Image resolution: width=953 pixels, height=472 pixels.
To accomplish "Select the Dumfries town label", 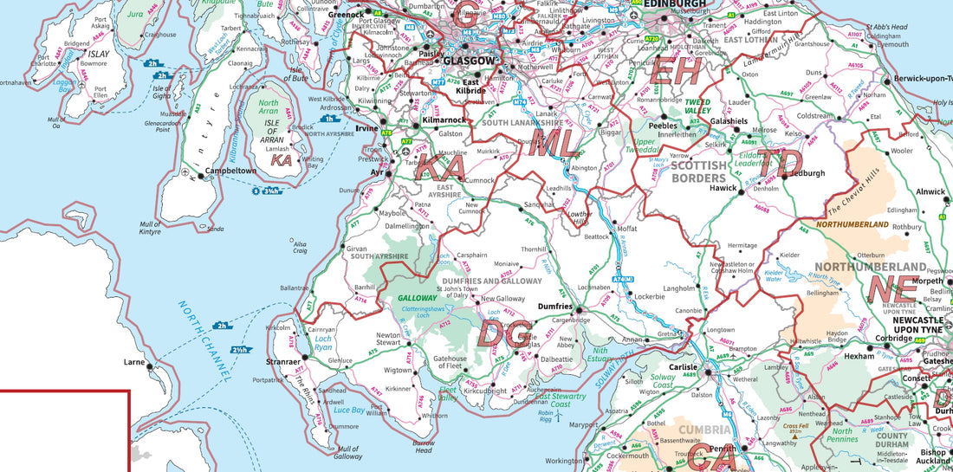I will tap(554, 307).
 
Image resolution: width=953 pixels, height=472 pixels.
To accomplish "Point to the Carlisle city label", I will tap(683, 367).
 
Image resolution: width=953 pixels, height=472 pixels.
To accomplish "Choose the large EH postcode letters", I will tap(675, 72).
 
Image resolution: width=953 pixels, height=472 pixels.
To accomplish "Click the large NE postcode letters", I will tap(894, 288).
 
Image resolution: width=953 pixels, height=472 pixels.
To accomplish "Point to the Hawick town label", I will tap(723, 187).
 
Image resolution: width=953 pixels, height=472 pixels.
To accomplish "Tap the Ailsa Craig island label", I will tap(300, 247).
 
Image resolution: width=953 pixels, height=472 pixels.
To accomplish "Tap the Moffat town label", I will tap(626, 229).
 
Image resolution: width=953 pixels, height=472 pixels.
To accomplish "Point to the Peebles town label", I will tap(663, 126).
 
